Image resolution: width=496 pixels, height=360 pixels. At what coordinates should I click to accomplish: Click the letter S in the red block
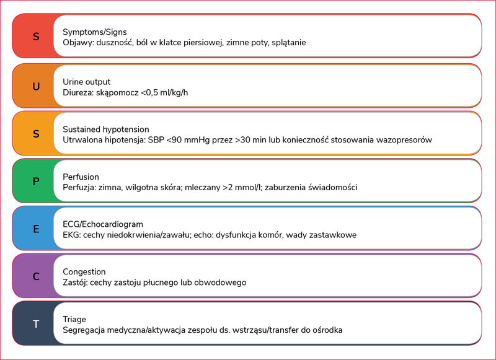click(36, 37)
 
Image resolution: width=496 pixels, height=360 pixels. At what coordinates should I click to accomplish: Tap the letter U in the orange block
click(36, 86)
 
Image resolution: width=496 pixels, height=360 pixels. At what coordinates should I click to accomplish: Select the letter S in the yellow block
click(36, 134)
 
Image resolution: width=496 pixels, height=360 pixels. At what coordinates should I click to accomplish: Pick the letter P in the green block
click(36, 182)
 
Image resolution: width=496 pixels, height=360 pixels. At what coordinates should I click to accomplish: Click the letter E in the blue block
click(36, 229)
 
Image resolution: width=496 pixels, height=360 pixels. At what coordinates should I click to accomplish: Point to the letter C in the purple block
click(36, 276)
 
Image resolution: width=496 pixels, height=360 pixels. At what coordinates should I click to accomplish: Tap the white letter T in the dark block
click(36, 324)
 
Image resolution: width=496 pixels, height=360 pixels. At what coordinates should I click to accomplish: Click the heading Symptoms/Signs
click(95, 32)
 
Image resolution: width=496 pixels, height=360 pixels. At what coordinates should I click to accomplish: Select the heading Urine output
click(86, 82)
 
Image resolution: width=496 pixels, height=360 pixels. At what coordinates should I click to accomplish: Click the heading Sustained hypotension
click(105, 130)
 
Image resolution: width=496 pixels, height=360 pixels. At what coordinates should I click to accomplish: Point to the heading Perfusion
click(81, 177)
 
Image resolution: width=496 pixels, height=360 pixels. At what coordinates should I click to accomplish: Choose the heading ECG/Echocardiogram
click(103, 224)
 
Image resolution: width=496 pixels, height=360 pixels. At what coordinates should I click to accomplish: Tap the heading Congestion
click(84, 272)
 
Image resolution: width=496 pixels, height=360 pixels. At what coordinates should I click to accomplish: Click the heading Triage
click(74, 320)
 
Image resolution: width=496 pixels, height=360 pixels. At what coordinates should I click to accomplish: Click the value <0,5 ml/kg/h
click(164, 92)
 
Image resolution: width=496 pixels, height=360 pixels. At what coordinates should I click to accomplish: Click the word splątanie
click(289, 43)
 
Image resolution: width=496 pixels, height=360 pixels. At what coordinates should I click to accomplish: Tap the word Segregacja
click(84, 330)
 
